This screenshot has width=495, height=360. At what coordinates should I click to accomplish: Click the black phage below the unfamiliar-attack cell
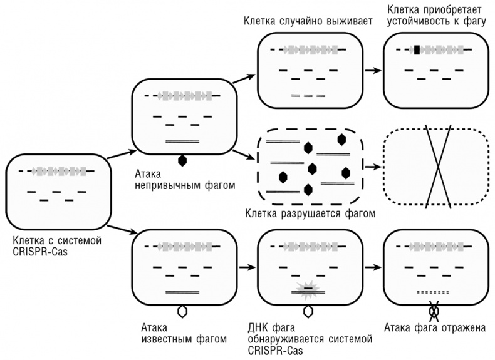point(182,160)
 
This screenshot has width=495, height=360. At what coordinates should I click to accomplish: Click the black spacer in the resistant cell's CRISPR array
point(417,50)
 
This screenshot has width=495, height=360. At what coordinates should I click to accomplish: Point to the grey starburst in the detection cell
point(308,289)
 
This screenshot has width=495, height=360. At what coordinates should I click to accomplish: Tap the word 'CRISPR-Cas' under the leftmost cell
point(39,250)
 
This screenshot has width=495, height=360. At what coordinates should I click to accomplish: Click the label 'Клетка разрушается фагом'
point(310,213)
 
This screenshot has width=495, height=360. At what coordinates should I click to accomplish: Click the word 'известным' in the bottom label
point(164,339)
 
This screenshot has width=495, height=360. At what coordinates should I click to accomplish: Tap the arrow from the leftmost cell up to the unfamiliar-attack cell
point(122,155)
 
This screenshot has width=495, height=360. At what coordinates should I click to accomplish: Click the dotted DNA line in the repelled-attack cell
point(433,292)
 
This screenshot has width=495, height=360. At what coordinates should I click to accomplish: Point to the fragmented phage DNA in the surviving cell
point(308,96)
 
